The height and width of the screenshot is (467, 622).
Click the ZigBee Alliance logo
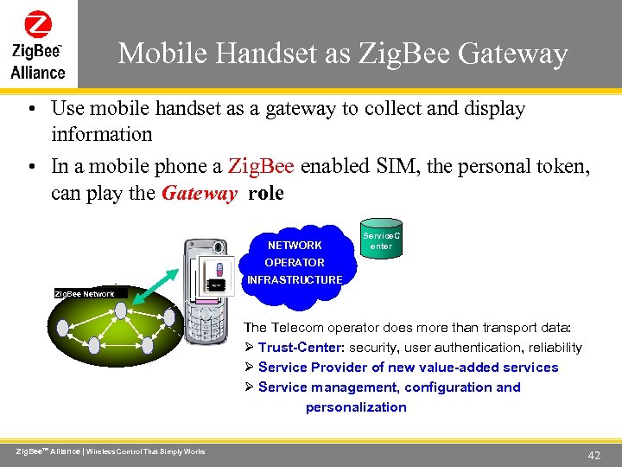click(x=38, y=44)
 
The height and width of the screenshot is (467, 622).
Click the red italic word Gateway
click(x=199, y=193)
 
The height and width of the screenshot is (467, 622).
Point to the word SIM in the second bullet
click(x=393, y=166)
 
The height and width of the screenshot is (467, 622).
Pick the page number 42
click(x=593, y=455)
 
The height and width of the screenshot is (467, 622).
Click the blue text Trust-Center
click(x=301, y=348)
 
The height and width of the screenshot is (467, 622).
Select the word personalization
click(x=356, y=407)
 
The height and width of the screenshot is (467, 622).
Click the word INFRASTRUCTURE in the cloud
click(x=295, y=279)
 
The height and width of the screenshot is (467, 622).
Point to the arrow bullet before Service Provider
click(x=249, y=368)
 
